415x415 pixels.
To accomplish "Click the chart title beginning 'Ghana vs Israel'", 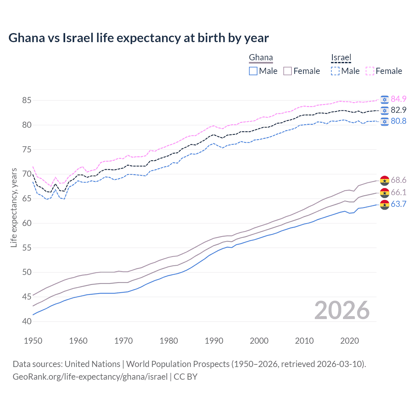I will [x=138, y=38].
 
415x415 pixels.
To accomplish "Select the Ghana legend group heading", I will [x=261, y=58].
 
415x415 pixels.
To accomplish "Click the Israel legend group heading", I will [x=341, y=58].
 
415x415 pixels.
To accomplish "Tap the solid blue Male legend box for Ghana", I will [x=253, y=71].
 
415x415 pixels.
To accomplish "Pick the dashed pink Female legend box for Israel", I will [x=370, y=71].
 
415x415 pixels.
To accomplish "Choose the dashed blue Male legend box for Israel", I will [x=335, y=71].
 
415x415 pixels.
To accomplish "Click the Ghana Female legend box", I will [x=288, y=71].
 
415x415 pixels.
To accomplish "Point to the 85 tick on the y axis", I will [x=27, y=101].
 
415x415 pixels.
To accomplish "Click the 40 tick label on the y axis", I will [x=27, y=321].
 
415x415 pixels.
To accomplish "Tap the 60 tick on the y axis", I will [x=27, y=223].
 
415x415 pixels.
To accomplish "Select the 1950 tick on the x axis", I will [x=33, y=341].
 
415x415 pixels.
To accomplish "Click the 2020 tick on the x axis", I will [x=350, y=341].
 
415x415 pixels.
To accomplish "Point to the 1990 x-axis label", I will [x=214, y=341].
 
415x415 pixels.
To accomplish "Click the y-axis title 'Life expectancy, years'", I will [x=14, y=207].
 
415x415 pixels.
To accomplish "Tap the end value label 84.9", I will [x=398, y=99].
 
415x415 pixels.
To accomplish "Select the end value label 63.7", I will [x=398, y=204].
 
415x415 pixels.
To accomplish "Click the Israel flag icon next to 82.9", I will [x=385, y=110].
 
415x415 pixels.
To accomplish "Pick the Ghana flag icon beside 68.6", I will [x=385, y=180].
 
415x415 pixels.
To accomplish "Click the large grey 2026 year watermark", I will [x=342, y=310].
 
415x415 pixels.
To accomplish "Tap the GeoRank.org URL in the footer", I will [x=90, y=377].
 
